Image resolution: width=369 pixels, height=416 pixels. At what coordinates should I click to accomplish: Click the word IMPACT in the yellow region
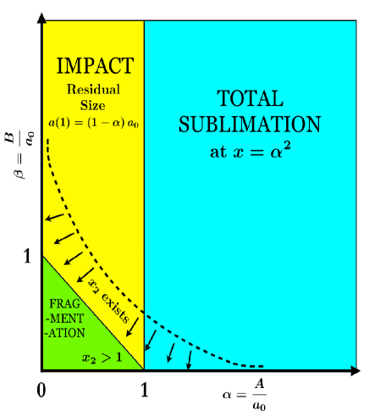click(93, 65)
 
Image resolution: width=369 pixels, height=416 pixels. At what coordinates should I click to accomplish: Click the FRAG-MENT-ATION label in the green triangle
click(66, 317)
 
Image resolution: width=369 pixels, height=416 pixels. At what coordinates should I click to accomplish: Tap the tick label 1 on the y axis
click(26, 255)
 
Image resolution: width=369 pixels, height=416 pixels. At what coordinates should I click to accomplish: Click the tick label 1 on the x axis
click(144, 391)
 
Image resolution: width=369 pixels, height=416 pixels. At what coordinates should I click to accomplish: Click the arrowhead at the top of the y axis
click(41, 17)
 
